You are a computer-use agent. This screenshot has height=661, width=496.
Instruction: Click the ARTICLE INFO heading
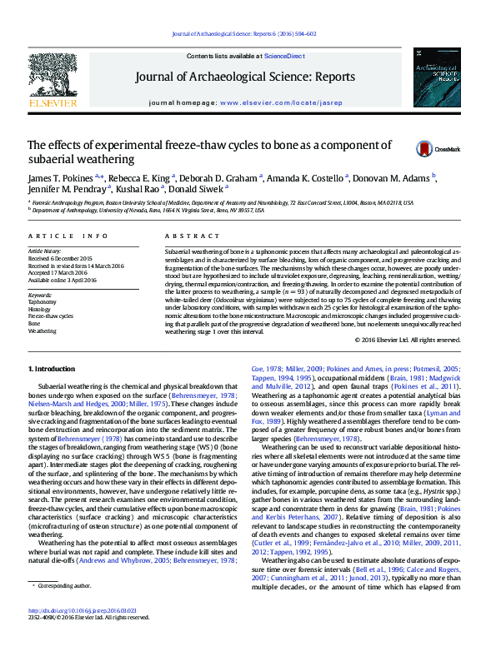click(x=68, y=236)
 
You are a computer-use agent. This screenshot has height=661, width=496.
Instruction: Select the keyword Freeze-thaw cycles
click(x=51, y=316)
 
